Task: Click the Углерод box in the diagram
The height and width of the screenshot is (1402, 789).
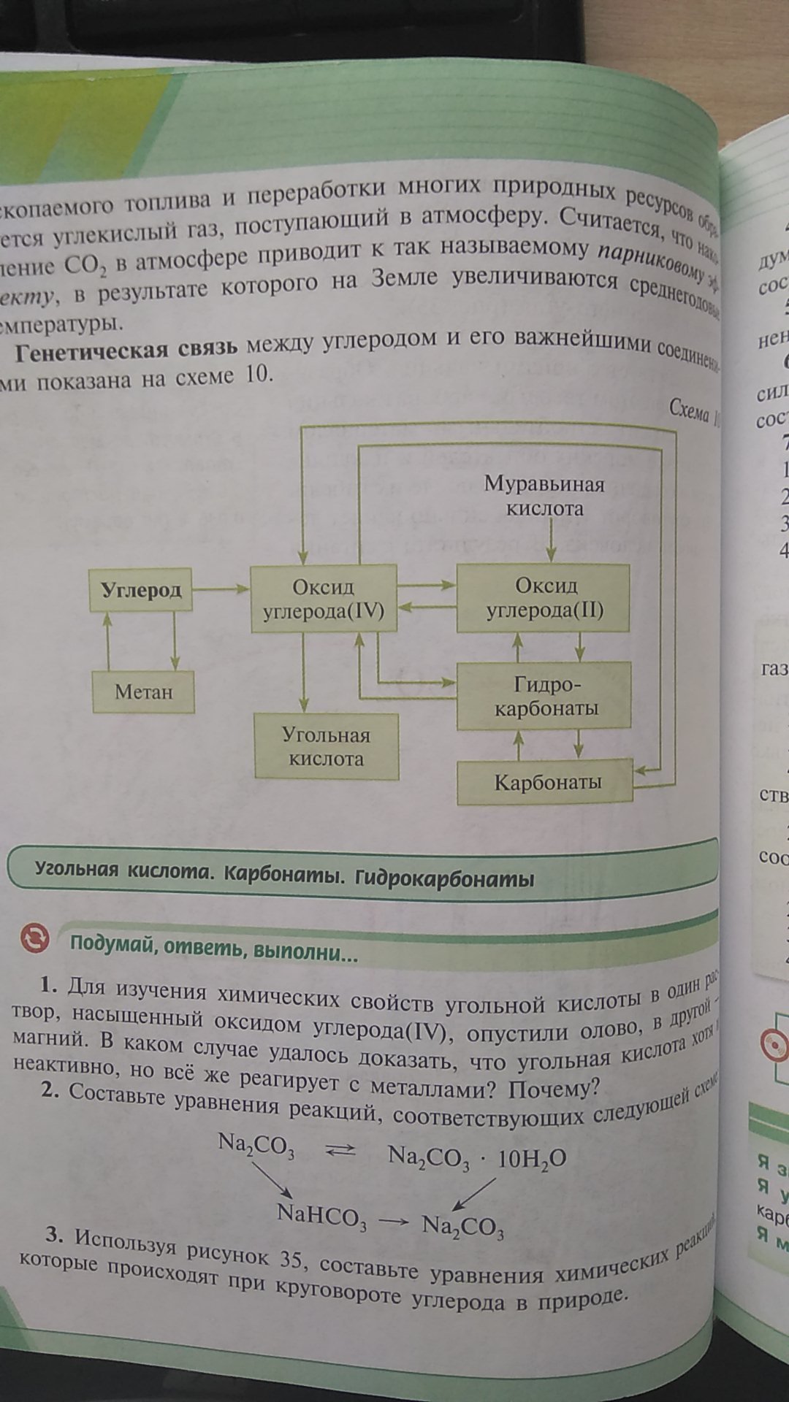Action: [x=141, y=589]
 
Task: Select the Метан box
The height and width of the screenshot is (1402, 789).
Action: [x=143, y=692]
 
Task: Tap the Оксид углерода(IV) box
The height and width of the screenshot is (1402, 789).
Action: [x=323, y=598]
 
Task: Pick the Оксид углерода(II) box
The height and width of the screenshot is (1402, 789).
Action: [x=543, y=598]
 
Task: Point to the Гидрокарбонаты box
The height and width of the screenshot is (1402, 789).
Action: [x=544, y=695]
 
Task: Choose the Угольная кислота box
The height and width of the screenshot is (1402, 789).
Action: [x=326, y=746]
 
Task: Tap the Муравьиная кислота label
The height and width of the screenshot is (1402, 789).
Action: [x=544, y=496]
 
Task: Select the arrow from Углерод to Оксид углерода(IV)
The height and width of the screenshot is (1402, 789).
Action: [x=221, y=589]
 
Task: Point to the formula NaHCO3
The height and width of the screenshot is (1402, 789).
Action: [x=321, y=1214]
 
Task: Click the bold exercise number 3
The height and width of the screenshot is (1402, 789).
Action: [x=51, y=1236]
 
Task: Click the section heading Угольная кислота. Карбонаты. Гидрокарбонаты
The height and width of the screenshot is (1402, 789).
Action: [x=285, y=874]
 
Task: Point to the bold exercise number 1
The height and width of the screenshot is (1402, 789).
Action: [x=48, y=986]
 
